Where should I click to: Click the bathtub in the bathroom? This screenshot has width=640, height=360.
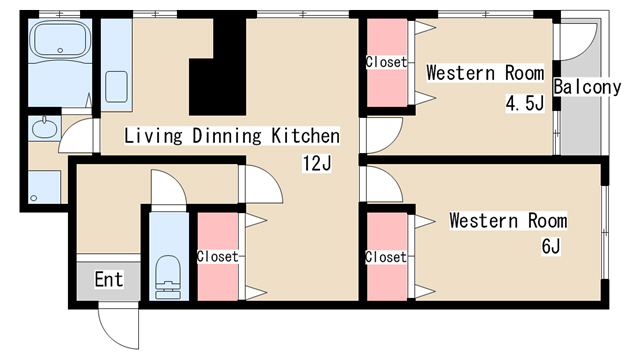point(61,39)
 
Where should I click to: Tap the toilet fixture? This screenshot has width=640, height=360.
point(168,277)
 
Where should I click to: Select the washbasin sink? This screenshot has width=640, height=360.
point(44,128)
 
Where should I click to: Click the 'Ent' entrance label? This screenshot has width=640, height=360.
point(109,280)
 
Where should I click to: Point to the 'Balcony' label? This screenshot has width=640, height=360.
point(587,87)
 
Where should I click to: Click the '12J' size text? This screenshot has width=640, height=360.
point(317,163)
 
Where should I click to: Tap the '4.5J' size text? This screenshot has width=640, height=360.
point(525,103)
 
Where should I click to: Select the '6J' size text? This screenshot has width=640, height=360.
point(551,246)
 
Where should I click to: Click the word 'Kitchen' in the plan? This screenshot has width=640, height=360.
point(305,136)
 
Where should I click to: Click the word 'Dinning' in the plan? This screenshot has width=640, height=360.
point(227,136)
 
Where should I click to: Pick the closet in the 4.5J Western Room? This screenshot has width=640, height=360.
point(387,63)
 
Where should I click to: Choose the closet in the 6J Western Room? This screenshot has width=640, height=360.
point(387,257)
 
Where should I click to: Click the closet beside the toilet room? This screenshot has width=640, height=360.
point(218,257)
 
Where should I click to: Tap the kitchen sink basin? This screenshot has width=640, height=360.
point(116,87)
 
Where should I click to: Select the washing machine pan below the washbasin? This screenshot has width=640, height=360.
point(44,187)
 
